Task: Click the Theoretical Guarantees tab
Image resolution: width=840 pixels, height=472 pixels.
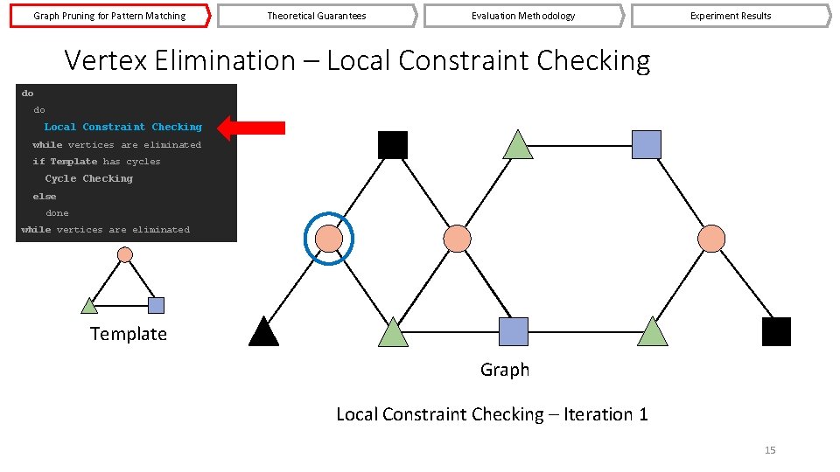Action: click(x=316, y=16)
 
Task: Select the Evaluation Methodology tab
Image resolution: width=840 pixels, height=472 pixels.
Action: click(x=523, y=16)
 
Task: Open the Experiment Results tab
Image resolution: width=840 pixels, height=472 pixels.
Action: click(x=730, y=16)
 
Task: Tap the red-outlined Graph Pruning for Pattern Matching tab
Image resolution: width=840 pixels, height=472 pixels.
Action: click(x=109, y=16)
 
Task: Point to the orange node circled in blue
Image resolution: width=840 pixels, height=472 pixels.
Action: click(x=328, y=238)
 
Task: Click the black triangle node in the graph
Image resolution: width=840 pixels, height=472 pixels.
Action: click(x=263, y=332)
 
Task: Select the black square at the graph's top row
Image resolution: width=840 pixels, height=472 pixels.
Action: click(x=393, y=144)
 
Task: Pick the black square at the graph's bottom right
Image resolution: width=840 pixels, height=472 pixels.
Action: click(x=776, y=332)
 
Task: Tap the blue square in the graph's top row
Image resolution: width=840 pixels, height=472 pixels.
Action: click(x=646, y=144)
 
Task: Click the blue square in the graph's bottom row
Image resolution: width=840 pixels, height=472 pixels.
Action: click(x=514, y=332)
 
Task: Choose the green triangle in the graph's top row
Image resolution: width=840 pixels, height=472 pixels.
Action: click(x=519, y=145)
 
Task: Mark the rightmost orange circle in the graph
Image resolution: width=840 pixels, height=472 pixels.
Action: click(x=711, y=238)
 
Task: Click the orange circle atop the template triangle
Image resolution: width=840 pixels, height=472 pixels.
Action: click(x=125, y=254)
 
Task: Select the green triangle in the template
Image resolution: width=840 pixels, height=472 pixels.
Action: click(x=89, y=306)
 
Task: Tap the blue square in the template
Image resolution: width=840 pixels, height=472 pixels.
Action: click(x=156, y=305)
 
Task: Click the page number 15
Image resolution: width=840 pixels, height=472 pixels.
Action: click(x=770, y=450)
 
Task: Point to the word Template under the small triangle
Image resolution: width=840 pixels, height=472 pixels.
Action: click(x=128, y=334)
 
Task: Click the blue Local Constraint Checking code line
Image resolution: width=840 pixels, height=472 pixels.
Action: click(x=122, y=128)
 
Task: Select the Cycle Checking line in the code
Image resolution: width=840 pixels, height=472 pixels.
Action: click(x=89, y=179)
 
